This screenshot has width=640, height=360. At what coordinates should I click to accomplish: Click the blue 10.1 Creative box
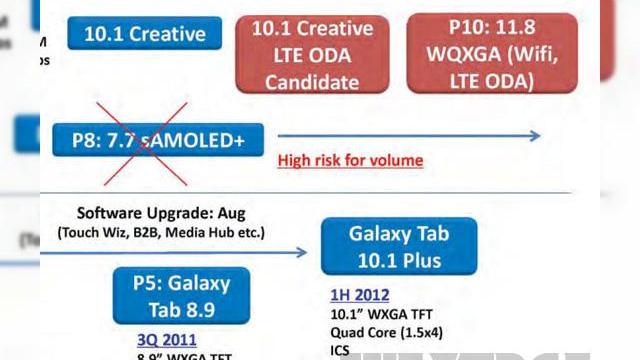[144, 34]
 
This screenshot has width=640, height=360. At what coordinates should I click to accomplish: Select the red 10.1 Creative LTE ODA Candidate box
[312, 54]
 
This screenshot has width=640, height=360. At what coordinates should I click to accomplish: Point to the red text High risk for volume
[350, 160]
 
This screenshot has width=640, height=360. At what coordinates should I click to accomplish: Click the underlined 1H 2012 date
[360, 296]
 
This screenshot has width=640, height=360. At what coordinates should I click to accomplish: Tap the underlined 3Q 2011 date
[166, 339]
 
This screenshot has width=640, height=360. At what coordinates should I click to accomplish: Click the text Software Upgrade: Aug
[161, 214]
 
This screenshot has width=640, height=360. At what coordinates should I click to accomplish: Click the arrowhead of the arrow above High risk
[535, 136]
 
